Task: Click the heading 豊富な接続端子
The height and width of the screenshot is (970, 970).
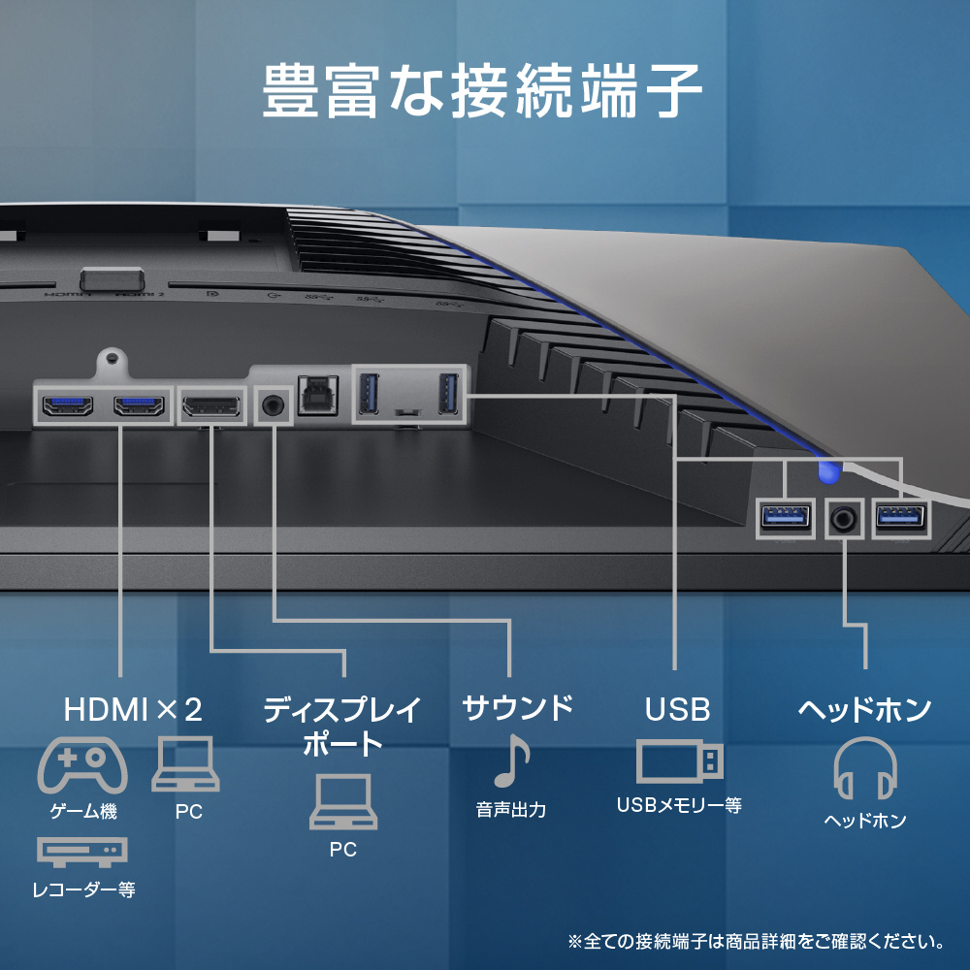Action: (482, 91)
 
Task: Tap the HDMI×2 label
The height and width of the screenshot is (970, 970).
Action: (133, 710)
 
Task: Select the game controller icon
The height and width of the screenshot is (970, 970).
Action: (82, 765)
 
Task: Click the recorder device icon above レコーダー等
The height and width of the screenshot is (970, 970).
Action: (82, 852)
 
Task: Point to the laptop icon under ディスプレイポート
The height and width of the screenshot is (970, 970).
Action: (343, 802)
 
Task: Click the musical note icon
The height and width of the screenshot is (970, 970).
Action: (512, 760)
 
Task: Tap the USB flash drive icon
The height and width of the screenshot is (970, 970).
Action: (679, 762)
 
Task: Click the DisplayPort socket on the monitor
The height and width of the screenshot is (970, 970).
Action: (210, 406)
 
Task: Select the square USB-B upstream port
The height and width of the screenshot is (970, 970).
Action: (318, 396)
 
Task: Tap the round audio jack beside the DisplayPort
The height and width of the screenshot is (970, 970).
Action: (273, 405)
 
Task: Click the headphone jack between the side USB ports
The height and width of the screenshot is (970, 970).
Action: (844, 518)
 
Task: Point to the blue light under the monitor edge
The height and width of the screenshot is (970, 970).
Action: (828, 472)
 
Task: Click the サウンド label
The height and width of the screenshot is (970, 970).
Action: (518, 708)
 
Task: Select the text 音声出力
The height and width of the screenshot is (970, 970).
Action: (511, 810)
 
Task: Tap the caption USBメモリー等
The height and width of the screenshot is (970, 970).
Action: (679, 805)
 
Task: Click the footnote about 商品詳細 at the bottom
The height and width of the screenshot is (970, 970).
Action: (756, 942)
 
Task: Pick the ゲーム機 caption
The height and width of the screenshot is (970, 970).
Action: (83, 811)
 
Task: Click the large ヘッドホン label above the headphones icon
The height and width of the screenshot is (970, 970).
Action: (864, 710)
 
